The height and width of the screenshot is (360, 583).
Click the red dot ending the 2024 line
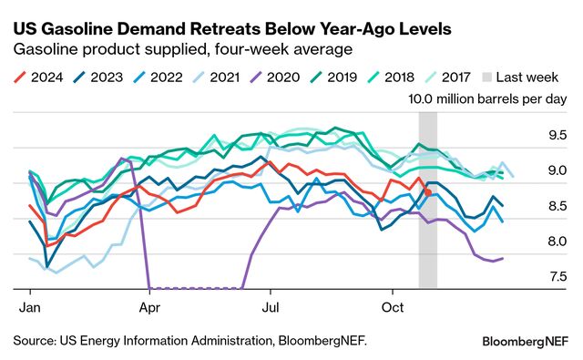pyautogui.click(x=428, y=192)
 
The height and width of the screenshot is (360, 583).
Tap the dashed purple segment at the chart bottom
pyautogui.click(x=195, y=288)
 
